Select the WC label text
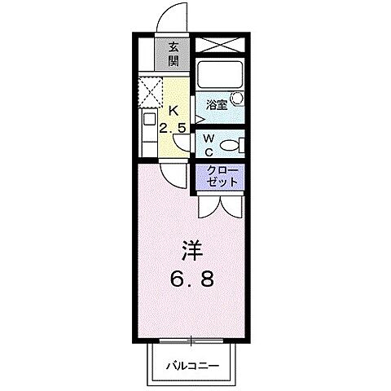pyautogui.click(x=209, y=145)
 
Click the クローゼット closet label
pyautogui.click(x=222, y=176)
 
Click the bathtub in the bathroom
pyautogui.click(x=220, y=75)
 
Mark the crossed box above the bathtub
pyautogui.click(x=219, y=45)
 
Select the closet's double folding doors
pyautogui.click(x=219, y=204)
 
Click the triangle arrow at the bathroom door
pyautogui.click(x=199, y=116)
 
